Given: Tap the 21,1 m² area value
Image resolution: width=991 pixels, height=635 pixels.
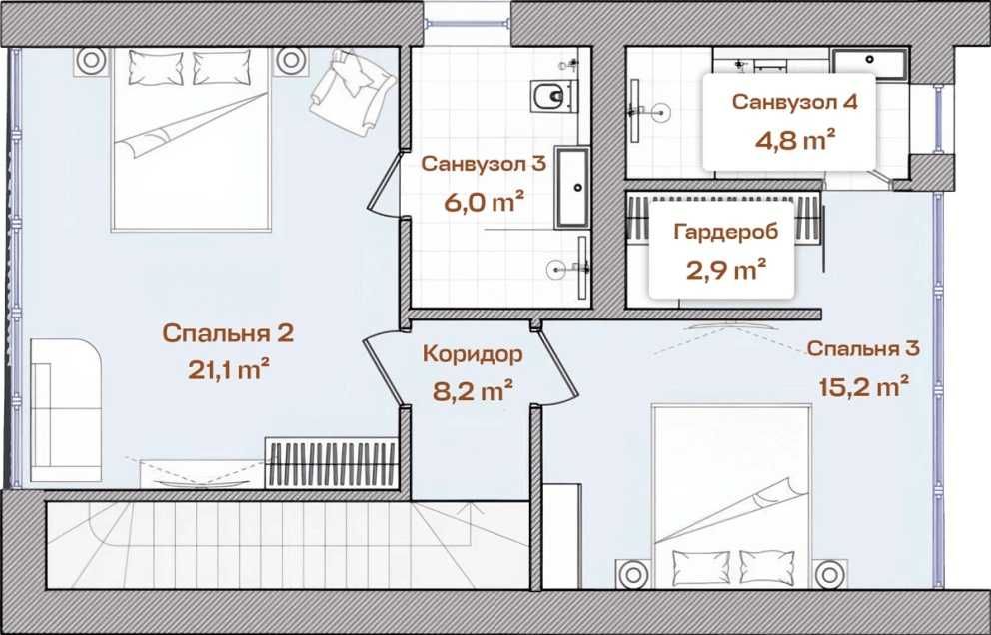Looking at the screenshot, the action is click(229, 370).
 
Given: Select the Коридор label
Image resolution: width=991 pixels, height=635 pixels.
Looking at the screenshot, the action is click(472, 354).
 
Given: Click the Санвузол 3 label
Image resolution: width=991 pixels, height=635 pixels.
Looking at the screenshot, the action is click(483, 164).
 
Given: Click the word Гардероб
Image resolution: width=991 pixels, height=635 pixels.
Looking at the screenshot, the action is click(719, 233).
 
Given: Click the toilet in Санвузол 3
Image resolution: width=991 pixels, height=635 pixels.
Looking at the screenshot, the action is click(549, 97).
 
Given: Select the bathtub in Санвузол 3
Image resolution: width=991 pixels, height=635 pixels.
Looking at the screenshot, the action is click(574, 188).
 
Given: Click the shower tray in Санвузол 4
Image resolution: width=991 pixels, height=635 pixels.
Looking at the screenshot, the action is click(869, 63).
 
